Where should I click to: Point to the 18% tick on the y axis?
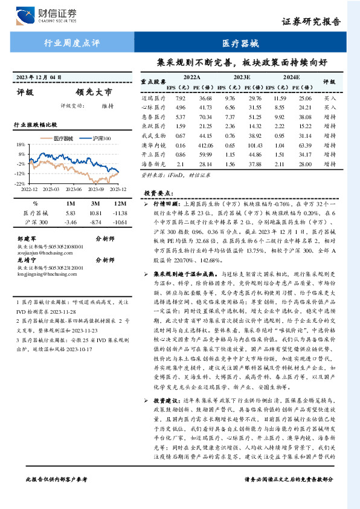pyautogui.click(x=21, y=145)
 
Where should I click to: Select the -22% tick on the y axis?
pyautogui.click(x=20, y=183)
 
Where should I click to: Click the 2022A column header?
pyautogui.click(x=191, y=77)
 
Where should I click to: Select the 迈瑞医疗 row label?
pyautogui.click(x=153, y=97)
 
